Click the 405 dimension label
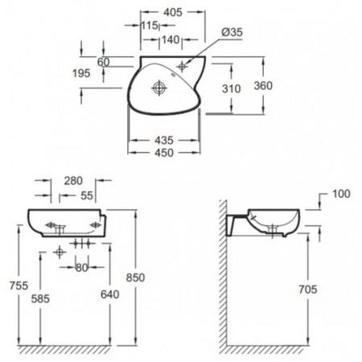(173, 12)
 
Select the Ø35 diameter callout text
(232, 32)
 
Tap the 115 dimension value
(150, 26)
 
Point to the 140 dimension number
(171, 40)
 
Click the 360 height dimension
(263, 86)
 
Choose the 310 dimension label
(231, 88)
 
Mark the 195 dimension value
(81, 73)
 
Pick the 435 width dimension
(164, 140)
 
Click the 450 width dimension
(164, 153)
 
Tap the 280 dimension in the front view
(73, 181)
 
